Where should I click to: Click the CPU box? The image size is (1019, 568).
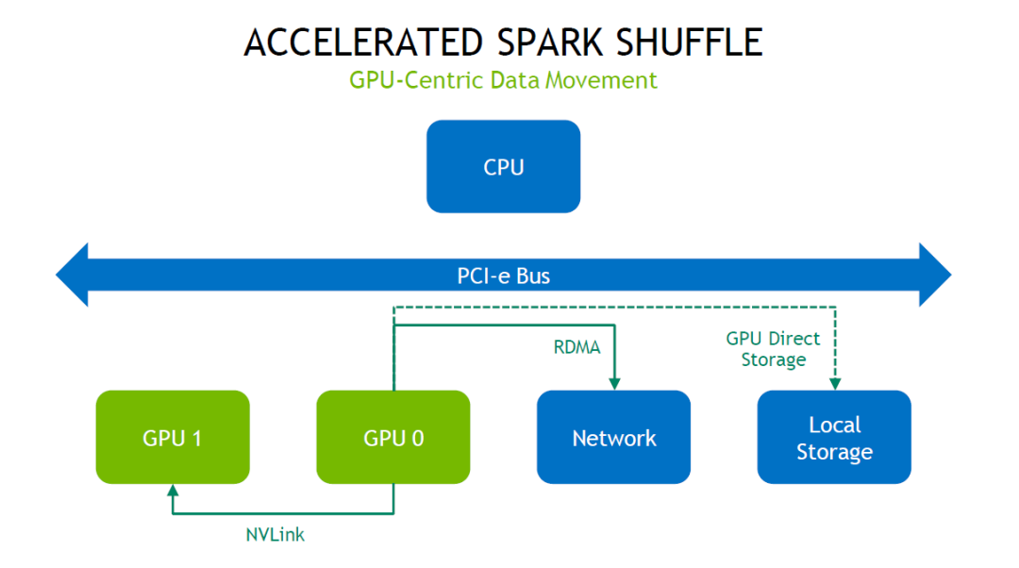pyautogui.click(x=503, y=167)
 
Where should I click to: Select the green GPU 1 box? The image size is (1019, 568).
pyautogui.click(x=173, y=437)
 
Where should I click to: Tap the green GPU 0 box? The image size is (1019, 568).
pyautogui.click(x=393, y=437)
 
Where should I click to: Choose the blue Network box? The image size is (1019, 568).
pyautogui.click(x=613, y=437)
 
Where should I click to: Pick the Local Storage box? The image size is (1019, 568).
pyautogui.click(x=834, y=437)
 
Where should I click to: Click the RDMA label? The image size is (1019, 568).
pyautogui.click(x=576, y=347)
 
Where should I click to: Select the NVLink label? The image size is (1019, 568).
pyautogui.click(x=276, y=535)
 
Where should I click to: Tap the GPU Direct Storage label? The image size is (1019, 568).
pyautogui.click(x=774, y=348)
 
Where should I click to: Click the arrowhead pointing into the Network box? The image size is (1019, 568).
pyautogui.click(x=614, y=383)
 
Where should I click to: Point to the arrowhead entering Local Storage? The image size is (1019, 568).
pyautogui.click(x=834, y=383)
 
